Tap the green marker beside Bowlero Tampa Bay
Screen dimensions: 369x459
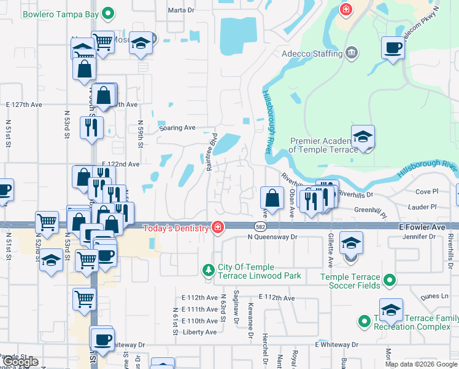109,12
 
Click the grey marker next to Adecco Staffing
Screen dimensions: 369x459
352,54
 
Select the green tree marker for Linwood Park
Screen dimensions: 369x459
208,270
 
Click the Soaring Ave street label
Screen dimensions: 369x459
177,128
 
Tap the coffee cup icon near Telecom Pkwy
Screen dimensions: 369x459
393,47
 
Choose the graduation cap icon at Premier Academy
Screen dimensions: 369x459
363,137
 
